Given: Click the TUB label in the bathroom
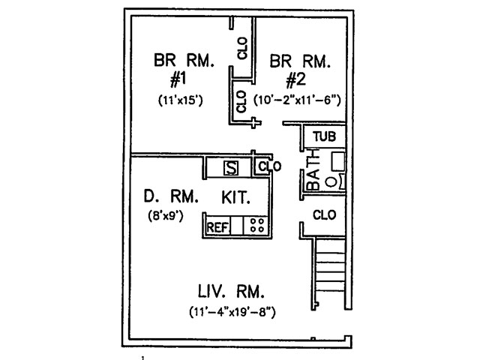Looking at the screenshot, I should coord(324,136).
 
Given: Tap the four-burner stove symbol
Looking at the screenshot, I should coord(257,225).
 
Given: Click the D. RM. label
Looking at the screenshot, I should coord(171,198).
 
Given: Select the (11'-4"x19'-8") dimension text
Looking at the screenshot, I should coord(232,311).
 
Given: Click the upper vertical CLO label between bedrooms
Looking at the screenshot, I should coord(242,51).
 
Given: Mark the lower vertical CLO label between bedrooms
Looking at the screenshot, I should coord(241,100).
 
